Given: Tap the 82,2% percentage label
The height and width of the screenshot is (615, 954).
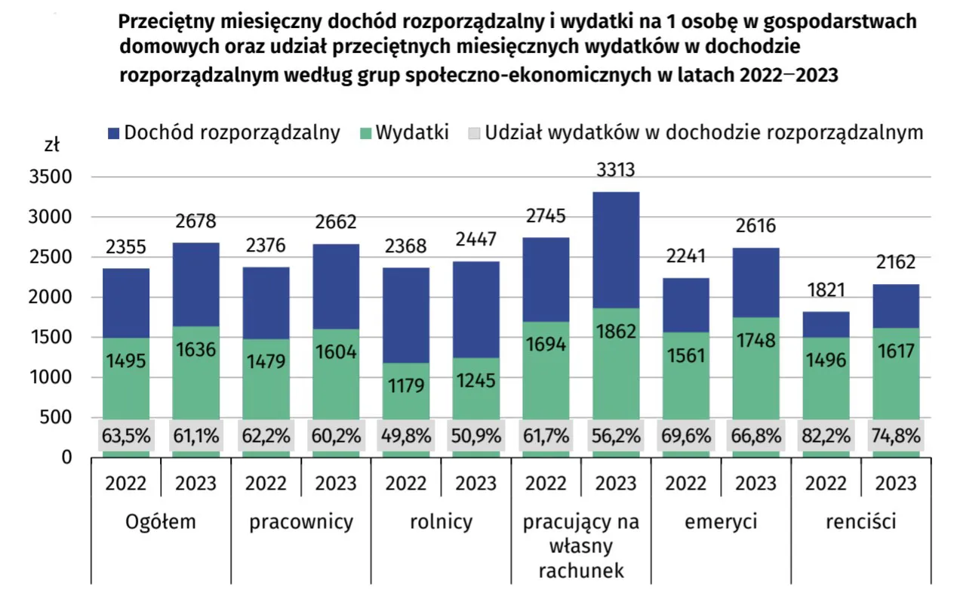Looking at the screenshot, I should (826, 435).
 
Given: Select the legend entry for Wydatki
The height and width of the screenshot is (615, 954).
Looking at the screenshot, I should (412, 133).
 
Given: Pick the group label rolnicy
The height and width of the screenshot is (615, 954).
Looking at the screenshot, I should (441, 521).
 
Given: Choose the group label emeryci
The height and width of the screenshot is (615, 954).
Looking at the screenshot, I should (721, 521).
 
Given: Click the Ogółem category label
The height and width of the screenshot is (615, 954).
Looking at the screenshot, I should (161, 521).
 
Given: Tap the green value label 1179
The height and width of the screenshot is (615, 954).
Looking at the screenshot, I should (407, 385).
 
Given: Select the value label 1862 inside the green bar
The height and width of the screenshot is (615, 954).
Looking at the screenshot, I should (617, 331).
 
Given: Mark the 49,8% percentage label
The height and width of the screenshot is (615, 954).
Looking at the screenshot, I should (407, 435).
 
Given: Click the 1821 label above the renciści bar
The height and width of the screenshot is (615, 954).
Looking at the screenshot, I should (826, 291).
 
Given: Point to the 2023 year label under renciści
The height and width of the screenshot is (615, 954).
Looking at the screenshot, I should (896, 482).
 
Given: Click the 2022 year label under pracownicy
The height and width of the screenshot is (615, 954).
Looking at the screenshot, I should (266, 482).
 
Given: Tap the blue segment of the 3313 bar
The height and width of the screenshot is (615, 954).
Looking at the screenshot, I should (617, 249).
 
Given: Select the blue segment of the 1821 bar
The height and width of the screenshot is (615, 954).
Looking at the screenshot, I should (826, 324).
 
